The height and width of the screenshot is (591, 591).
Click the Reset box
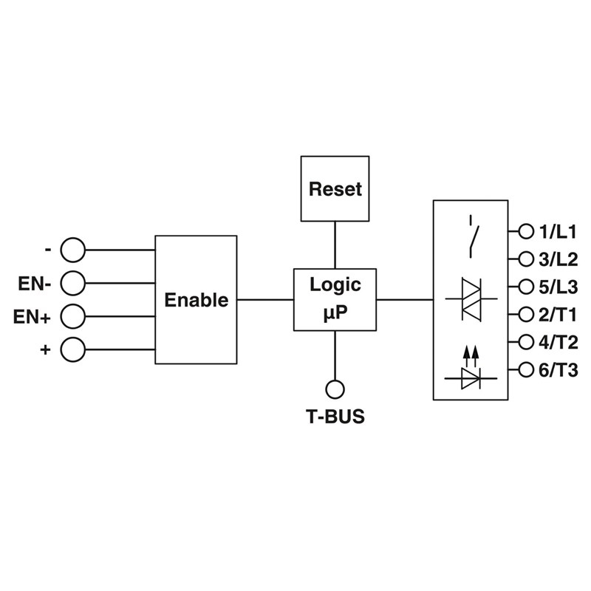tap(335, 188)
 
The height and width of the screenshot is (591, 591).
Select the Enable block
tap(196, 299)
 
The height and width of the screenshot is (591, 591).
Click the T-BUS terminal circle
tap(335, 388)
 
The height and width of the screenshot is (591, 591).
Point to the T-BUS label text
tap(335, 417)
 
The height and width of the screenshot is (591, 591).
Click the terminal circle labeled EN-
tap(73, 282)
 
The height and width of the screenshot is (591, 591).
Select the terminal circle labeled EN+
tap(73, 316)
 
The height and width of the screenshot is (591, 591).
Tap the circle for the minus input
tap(73, 250)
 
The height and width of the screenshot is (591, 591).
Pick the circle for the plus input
tap(73, 349)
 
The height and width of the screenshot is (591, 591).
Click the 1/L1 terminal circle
tap(526, 231)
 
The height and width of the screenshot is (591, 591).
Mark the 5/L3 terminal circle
tap(526, 286)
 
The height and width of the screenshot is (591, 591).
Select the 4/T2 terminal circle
tap(526, 341)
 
